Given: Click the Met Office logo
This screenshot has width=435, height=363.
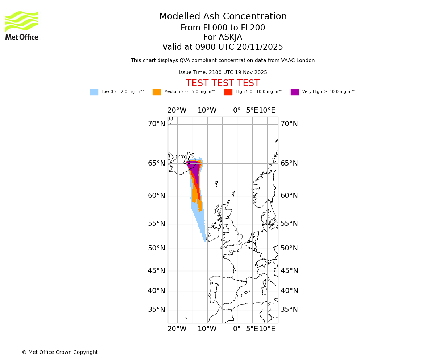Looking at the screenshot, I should click(x=22, y=25).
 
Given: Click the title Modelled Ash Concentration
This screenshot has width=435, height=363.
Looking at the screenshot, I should click(x=223, y=17).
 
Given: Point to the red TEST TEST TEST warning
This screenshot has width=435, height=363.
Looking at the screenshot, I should click(x=223, y=83).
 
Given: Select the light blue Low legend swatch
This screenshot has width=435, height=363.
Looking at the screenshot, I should click(x=94, y=92).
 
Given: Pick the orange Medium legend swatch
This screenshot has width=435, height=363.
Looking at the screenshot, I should click(x=157, y=92).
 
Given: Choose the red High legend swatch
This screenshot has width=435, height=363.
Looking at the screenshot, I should click(x=228, y=92).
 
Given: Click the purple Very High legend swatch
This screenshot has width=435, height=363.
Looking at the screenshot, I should click(x=295, y=92).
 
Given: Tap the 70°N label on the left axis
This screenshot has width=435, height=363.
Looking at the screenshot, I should click(x=156, y=124).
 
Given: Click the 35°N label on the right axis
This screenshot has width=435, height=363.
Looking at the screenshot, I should click(x=289, y=310).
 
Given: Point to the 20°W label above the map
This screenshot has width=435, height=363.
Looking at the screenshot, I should click(x=177, y=110).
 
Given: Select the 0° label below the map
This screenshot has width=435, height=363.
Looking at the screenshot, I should click(x=237, y=329).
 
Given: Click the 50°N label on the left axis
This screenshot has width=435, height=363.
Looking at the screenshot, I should click(x=156, y=248).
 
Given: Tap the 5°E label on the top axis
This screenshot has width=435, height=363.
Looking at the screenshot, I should click(x=252, y=110).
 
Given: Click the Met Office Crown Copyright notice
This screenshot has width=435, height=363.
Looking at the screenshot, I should click(x=60, y=352).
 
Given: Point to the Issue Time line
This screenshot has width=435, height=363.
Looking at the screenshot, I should click(x=223, y=73).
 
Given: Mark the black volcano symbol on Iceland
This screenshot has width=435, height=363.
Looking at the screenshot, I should click(x=187, y=161).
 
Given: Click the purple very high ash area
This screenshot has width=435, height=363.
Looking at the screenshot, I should click(x=195, y=169).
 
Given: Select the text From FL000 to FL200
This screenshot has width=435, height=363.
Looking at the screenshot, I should click(x=223, y=28).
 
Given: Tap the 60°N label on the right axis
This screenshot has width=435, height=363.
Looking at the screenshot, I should click(x=289, y=196).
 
